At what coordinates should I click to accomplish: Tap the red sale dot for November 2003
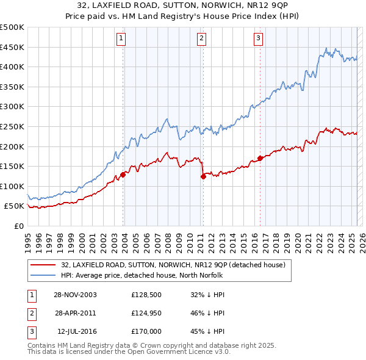coord(123,175)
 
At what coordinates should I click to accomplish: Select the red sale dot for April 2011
coord(203,176)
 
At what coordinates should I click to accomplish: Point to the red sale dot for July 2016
coord(260,158)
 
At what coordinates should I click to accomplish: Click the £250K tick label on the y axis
coord(12,126)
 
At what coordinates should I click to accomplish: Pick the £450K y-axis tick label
coord(12,47)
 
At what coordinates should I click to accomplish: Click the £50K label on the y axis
coord(14,206)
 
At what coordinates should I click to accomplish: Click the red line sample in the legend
coord(43,265)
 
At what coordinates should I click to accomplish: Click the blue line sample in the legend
coord(43,275)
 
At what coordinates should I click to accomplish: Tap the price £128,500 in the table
coord(145,294)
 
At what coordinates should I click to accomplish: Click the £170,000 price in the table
coord(146,331)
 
